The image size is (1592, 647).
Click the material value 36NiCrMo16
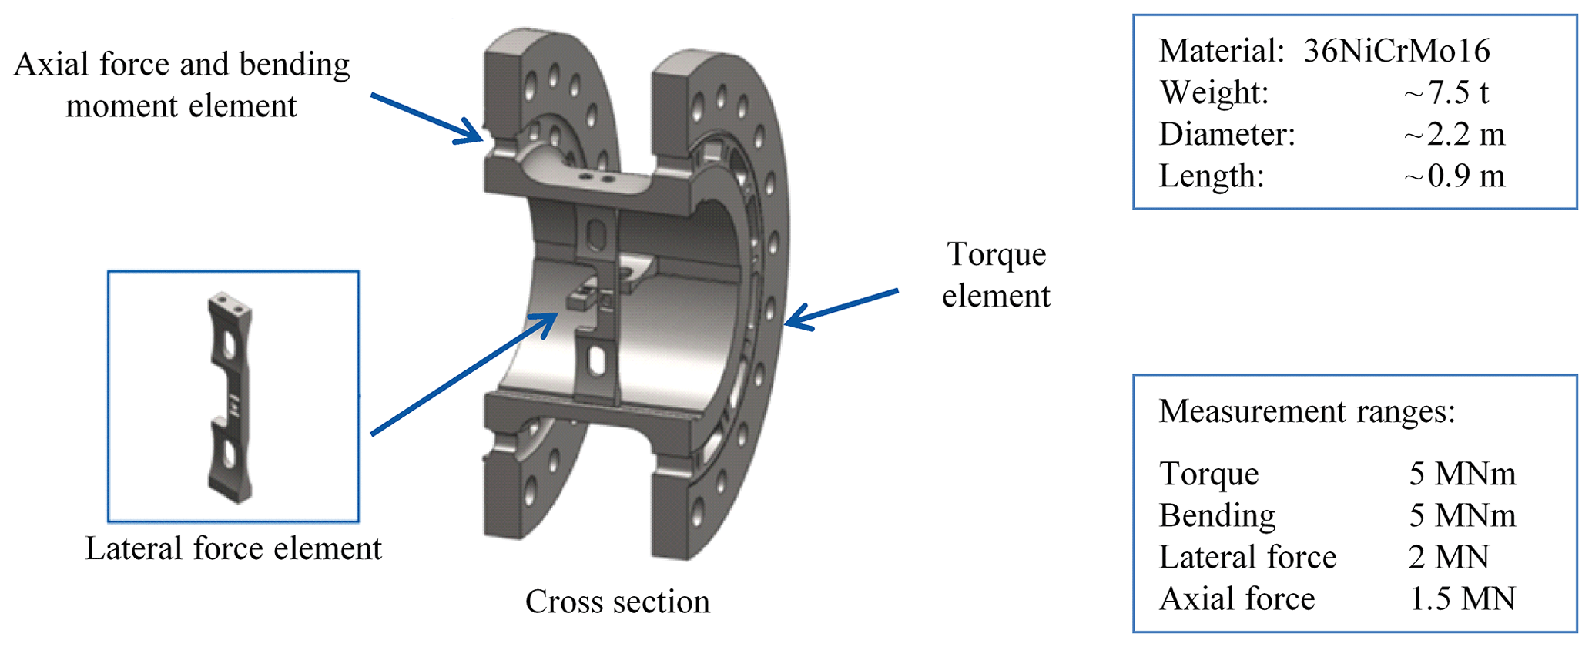[x=1396, y=52]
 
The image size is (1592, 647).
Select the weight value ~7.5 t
[x=1446, y=93]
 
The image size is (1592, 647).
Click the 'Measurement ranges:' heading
[x=1307, y=411]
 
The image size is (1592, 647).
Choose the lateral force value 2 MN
[x=1449, y=557]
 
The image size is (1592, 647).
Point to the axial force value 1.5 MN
[x=1462, y=598]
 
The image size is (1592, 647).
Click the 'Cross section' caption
[x=617, y=602]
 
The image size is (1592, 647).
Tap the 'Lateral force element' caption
[x=233, y=549]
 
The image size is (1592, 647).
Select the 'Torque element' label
[x=996, y=275]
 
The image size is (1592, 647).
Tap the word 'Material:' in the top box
[x=1222, y=52]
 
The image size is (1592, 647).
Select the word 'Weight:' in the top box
[x=1214, y=93]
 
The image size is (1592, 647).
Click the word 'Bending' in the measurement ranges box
[x=1217, y=515]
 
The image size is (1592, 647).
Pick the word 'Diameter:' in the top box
[x=1227, y=135]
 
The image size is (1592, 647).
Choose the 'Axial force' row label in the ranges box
[x=1237, y=598]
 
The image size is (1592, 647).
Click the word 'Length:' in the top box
[x=1212, y=176]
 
